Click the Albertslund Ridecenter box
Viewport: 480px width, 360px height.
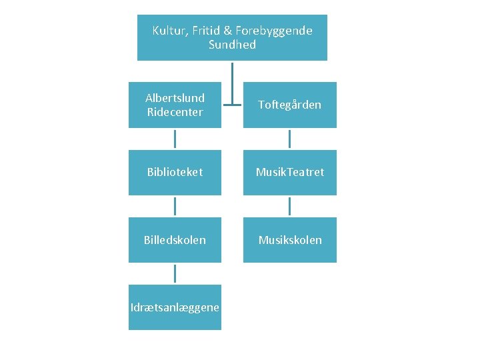pos(175,105)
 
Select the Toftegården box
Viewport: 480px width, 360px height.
pos(289,105)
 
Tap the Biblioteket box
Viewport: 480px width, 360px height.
pos(175,172)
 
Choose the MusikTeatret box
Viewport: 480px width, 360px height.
pos(289,172)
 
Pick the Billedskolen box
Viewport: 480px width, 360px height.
pos(175,239)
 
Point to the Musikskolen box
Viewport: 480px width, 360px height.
pos(289,239)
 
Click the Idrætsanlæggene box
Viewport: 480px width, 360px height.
pos(175,307)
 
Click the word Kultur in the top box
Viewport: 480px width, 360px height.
pos(169,31)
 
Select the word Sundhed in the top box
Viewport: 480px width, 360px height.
pos(232,45)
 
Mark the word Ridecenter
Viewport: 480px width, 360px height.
pos(175,112)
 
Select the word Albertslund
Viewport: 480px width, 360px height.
pos(175,98)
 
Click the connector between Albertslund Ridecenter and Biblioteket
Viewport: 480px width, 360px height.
pos(175,139)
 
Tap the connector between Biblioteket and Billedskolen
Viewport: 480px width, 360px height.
pos(175,206)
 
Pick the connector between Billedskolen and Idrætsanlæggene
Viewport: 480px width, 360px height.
pos(175,273)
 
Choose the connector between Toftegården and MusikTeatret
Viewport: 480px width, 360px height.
pos(289,139)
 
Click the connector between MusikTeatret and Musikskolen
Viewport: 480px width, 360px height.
pos(289,206)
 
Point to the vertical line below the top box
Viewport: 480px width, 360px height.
pos(232,80)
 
